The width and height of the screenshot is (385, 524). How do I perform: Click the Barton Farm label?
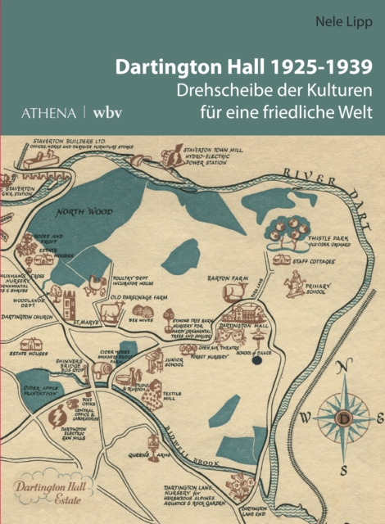[x=227, y=278]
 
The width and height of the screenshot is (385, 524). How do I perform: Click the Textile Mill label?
[x=172, y=395]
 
